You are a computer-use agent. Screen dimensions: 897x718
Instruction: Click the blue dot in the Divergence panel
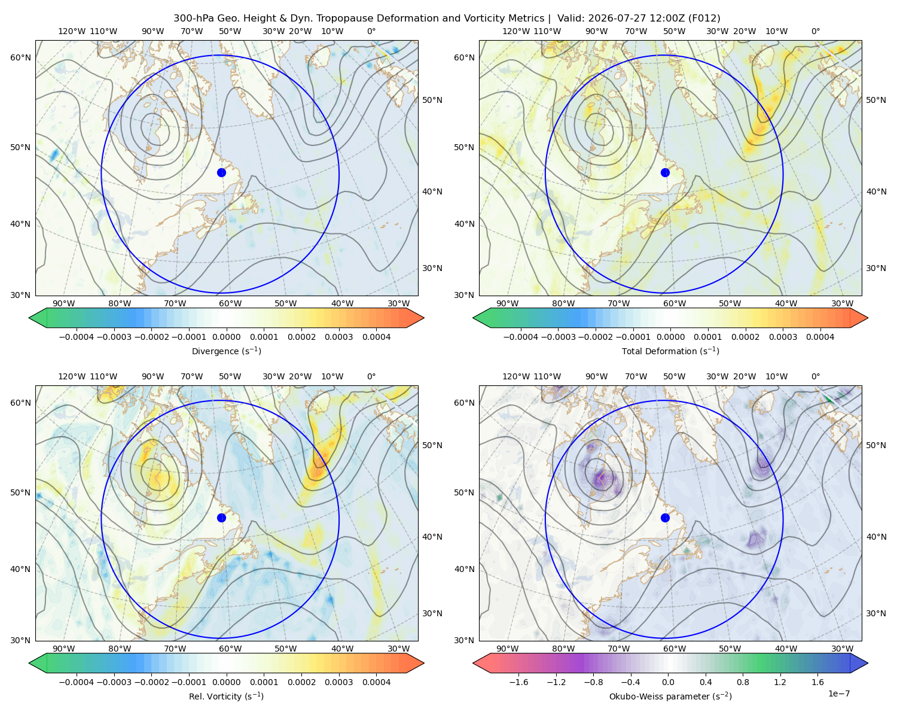coord(221,173)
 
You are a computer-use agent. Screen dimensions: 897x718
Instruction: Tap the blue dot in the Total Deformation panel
coord(665,173)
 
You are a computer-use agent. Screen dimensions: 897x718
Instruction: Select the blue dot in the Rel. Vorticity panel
coord(221,518)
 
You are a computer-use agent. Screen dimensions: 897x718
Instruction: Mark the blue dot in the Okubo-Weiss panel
coord(665,518)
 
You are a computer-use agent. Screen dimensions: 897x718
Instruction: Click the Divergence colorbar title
coord(226,351)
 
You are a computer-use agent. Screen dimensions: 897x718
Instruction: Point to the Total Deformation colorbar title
coord(670,351)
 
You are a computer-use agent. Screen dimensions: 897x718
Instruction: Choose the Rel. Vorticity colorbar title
coord(226,696)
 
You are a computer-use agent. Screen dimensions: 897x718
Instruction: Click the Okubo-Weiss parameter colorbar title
coord(670,696)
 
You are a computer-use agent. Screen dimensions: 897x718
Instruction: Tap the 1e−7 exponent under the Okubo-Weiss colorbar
coord(838,693)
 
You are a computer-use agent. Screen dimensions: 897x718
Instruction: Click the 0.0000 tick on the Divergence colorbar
coord(226,337)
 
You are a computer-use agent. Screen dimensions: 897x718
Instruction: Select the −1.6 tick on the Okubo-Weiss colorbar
coord(518,682)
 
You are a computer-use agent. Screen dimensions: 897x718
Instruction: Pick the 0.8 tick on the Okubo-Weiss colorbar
coord(743,682)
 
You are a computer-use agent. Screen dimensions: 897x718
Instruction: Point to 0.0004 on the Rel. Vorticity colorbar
coord(376,682)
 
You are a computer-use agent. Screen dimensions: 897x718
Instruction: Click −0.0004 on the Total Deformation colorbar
coord(521,337)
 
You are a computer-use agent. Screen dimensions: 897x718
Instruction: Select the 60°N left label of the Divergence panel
coord(20,57)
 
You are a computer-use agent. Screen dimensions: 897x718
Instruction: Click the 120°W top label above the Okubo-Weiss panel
coord(516,376)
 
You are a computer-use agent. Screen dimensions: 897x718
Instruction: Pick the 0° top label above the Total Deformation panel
coord(815,31)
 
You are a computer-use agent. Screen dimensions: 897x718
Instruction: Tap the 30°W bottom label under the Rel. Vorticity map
coord(399,649)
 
